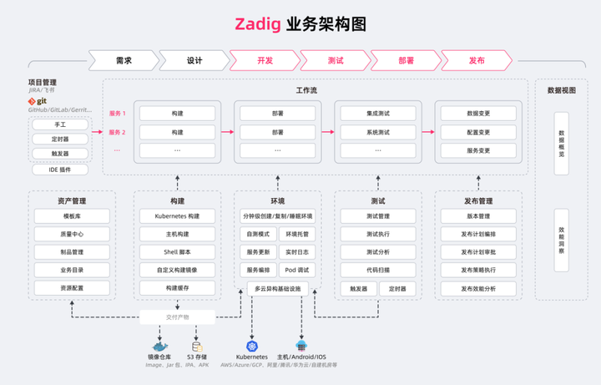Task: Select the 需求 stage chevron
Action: click(x=123, y=60)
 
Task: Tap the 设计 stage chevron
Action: click(x=194, y=60)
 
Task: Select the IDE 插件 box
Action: click(x=59, y=169)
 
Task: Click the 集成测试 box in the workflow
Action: click(x=378, y=113)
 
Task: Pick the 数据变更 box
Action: click(x=478, y=113)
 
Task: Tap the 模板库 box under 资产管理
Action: click(x=71, y=216)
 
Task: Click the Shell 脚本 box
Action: click(x=177, y=252)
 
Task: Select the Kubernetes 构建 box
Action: click(x=177, y=216)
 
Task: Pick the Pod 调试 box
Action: click(x=297, y=271)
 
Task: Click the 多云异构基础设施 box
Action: click(x=277, y=288)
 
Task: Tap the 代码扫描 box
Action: click(x=378, y=271)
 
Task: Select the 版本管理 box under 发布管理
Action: click(x=478, y=216)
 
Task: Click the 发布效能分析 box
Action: click(x=478, y=288)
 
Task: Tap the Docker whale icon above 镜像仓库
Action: click(x=159, y=346)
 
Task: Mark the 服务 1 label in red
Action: click(x=118, y=113)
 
